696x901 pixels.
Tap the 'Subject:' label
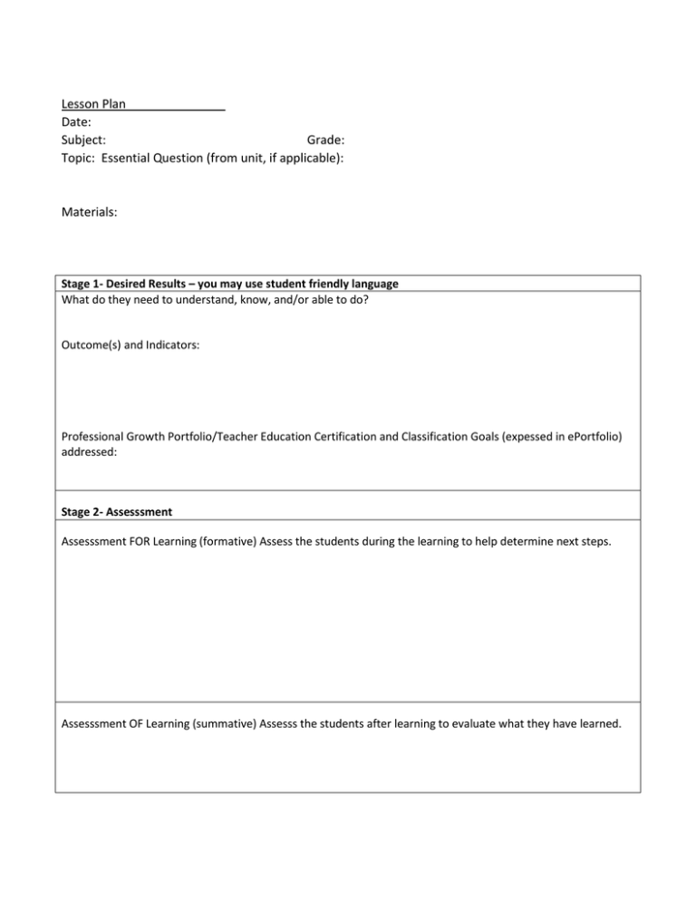(82, 140)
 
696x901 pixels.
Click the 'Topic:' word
(79, 159)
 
